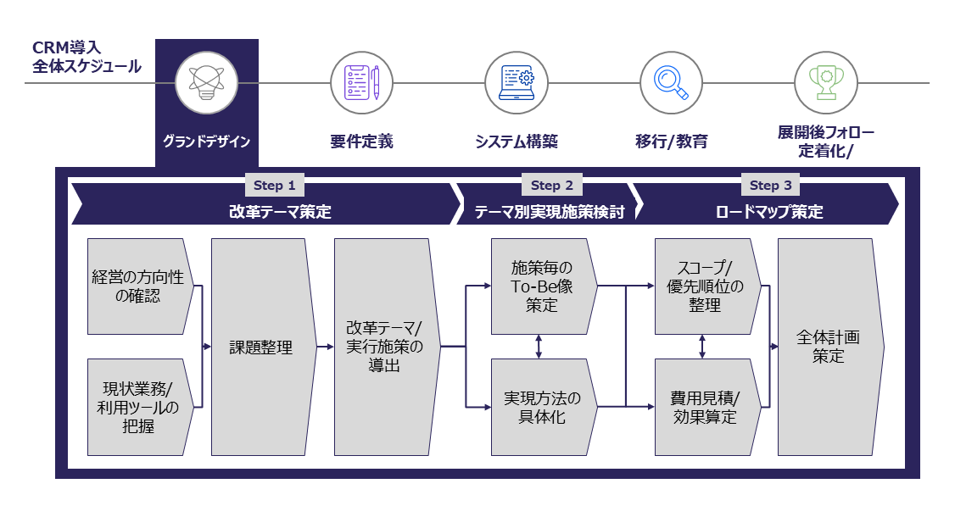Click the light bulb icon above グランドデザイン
tap(206, 83)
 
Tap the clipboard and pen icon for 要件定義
tap(361, 83)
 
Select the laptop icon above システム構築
tap(517, 83)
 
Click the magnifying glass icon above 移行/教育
tap(671, 83)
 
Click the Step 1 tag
tap(274, 186)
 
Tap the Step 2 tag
tap(552, 186)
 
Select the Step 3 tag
tap(770, 186)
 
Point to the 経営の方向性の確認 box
tap(137, 286)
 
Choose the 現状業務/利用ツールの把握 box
tap(137, 407)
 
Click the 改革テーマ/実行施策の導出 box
tap(384, 347)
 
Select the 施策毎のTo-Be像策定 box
tap(541, 286)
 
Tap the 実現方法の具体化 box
tap(541, 407)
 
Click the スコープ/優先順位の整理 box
tap(704, 286)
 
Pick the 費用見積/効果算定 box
tap(704, 407)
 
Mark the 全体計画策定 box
tap(828, 347)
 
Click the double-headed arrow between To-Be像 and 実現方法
tap(540, 347)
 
